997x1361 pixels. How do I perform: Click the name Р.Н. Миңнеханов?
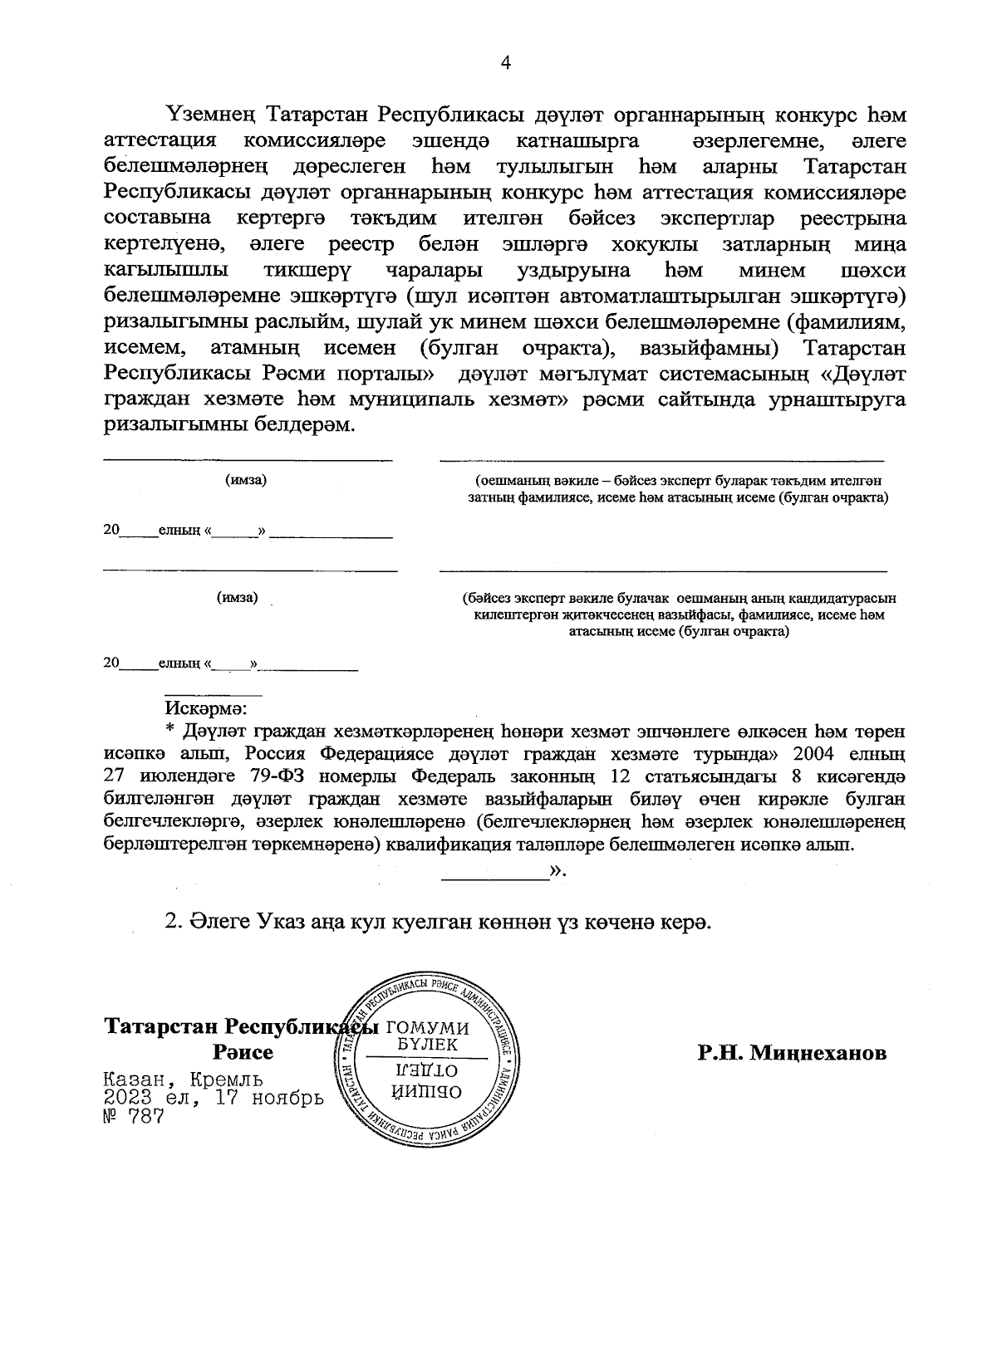[x=792, y=1053]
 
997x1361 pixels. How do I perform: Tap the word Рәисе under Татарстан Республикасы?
[x=243, y=1053]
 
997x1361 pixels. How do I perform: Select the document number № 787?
[x=132, y=1117]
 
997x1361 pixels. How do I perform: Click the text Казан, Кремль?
[x=184, y=1080]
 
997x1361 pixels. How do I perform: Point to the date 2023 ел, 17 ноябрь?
[x=213, y=1099]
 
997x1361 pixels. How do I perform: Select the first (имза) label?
[x=246, y=480]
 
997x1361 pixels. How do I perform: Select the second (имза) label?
[x=237, y=597]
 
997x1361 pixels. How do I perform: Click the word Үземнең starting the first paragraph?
[x=214, y=112]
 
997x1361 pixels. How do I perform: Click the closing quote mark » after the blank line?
[x=557, y=870]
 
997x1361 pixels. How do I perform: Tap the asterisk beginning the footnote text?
[x=170, y=732]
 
